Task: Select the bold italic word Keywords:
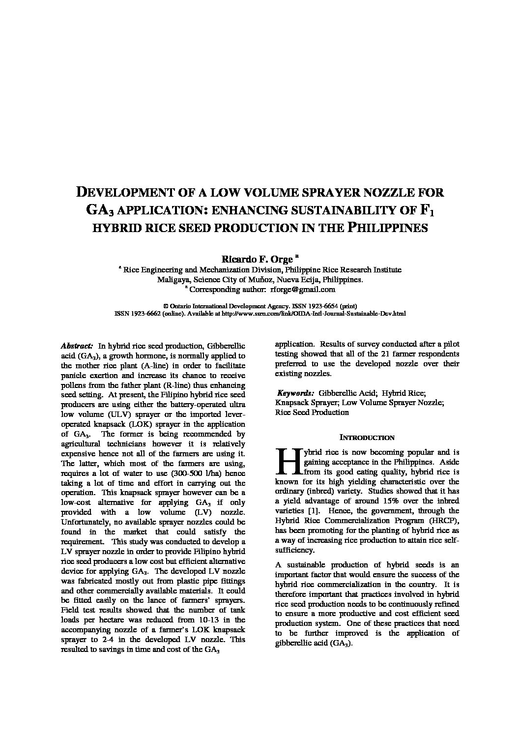tap(295, 393)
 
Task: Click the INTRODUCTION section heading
tap(367, 438)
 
